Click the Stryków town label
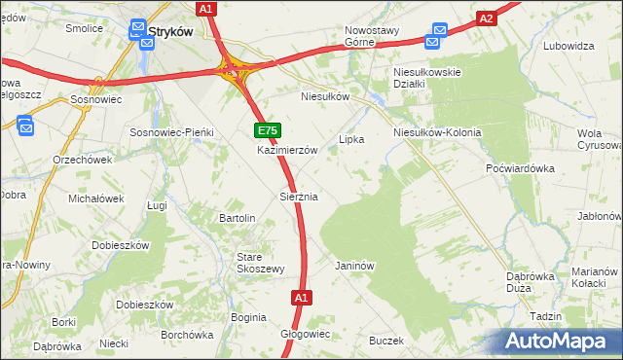point(172,31)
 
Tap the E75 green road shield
point(268,129)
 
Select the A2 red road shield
point(488,18)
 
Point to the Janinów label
point(354,265)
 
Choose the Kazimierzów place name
point(287,151)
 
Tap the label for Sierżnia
point(299,197)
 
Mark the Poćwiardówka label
point(520,167)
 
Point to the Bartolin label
point(238,218)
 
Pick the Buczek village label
point(385,341)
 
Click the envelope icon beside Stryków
point(138,33)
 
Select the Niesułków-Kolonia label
point(437,131)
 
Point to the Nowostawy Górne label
point(372,36)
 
